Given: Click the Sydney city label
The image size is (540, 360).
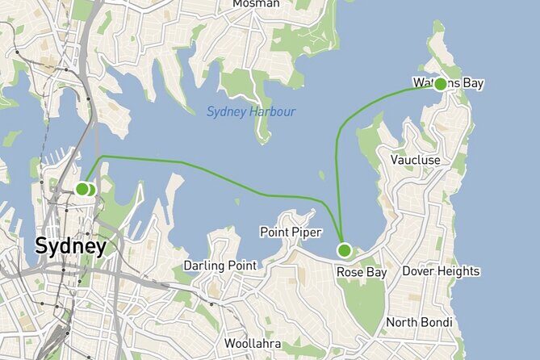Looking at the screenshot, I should click(70, 246).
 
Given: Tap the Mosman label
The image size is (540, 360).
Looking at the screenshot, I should click(256, 4).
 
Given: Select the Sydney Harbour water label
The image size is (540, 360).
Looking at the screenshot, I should click(250, 111).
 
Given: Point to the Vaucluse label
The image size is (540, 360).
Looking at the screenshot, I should click(415, 160).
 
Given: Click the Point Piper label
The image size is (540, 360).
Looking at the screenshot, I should click(291, 232).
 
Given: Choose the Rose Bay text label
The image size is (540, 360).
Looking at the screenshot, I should click(362, 273).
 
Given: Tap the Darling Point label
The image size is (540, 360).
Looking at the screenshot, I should click(220, 266).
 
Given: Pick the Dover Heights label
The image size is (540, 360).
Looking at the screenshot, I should click(441, 271).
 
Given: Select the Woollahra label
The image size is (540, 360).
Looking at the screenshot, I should click(253, 344).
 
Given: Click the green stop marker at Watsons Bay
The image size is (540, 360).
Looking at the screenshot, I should click(441, 84).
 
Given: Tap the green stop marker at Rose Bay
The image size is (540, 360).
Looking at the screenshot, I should click(345, 249).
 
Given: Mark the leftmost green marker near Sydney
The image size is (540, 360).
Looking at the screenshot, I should click(82, 189).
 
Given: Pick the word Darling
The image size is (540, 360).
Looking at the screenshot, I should click(204, 266).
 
